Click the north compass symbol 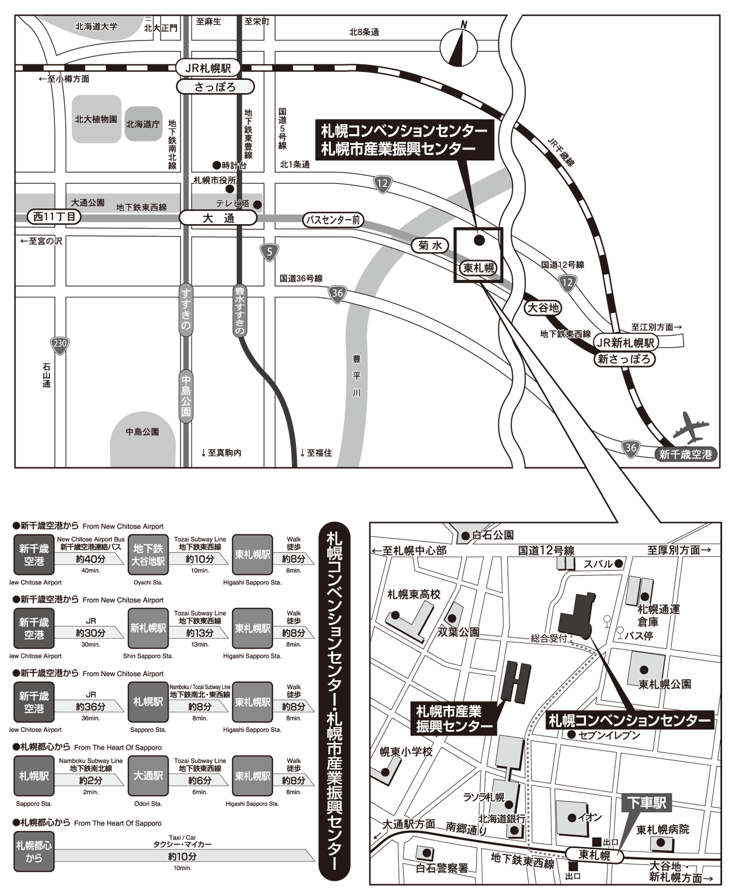458,46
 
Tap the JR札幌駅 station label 208,68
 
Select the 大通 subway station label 218,218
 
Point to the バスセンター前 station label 333,220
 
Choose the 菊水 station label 430,246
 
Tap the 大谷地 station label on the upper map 542,308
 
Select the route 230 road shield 60,344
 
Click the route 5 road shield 269,252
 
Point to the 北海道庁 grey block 143,124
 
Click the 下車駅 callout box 646,803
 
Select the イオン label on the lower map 590,817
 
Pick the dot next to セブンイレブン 571,735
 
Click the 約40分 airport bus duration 91,559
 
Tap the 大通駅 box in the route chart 148,776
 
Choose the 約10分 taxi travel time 182,856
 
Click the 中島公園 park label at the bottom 142,432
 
